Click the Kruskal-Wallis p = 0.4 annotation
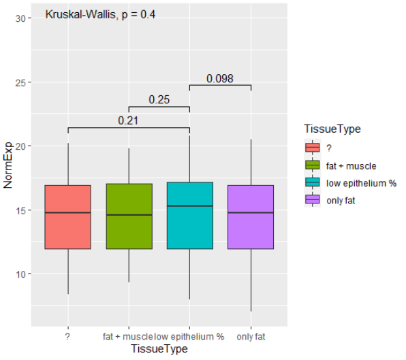(x=100, y=14)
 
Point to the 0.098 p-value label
(x=220, y=79)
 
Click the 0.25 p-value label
(x=159, y=100)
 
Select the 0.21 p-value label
(x=129, y=121)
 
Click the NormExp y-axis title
(x=9, y=177)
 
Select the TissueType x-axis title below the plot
(x=159, y=348)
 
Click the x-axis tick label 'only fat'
(x=251, y=336)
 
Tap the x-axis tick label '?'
(x=68, y=336)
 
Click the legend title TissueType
(x=332, y=129)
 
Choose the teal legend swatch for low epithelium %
(x=313, y=183)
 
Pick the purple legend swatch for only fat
(x=313, y=201)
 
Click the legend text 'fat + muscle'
(x=352, y=165)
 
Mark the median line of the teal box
(x=189, y=206)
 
